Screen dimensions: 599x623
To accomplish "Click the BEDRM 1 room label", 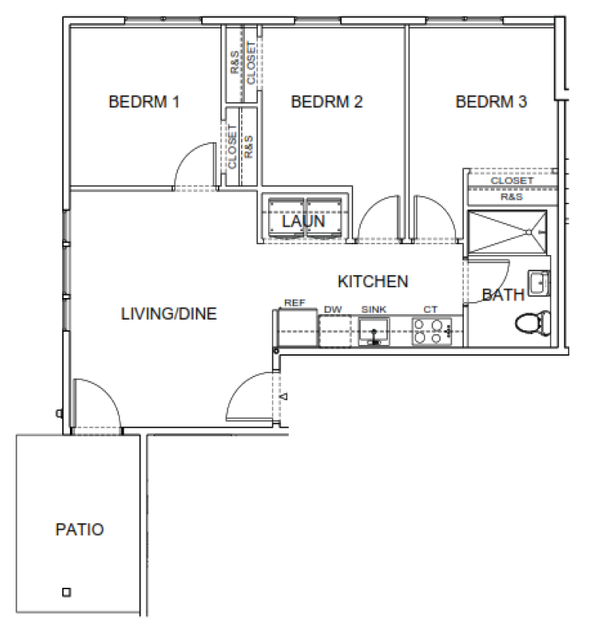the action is tap(144, 101).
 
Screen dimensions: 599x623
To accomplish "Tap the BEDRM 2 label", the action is tap(326, 101).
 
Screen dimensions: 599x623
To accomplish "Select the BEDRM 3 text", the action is tap(491, 101).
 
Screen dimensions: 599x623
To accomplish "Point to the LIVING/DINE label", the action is tap(169, 314).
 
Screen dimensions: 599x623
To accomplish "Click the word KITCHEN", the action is tap(372, 281).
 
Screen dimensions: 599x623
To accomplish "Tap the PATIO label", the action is tap(79, 529).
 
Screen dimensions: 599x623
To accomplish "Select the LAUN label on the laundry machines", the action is tap(303, 221).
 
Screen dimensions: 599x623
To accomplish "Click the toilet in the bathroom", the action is tap(533, 323).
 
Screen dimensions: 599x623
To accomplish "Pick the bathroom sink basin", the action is tap(539, 283).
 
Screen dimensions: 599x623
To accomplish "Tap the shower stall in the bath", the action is tap(508, 232).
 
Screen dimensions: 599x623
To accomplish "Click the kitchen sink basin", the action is tap(374, 331).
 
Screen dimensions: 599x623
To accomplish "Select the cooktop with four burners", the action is tap(432, 331).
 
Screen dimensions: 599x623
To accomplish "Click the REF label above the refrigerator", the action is tap(295, 303).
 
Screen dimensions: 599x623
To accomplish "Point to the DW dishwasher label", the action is tap(333, 310).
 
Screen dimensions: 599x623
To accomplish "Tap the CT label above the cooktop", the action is tap(430, 310).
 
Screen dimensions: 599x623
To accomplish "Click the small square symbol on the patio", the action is tap(67, 592).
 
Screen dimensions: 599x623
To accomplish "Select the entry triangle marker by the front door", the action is tap(284, 396).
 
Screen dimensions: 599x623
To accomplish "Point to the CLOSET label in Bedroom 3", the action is tap(511, 181).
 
